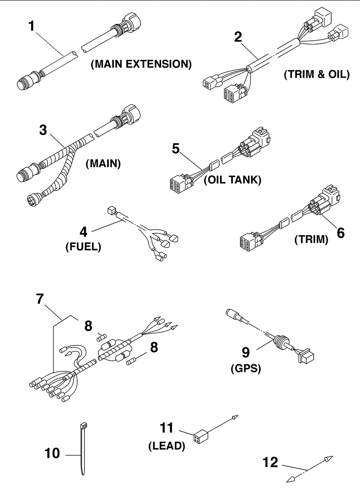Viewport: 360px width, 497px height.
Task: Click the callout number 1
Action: coord(32,26)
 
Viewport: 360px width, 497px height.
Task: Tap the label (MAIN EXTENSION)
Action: coord(141,64)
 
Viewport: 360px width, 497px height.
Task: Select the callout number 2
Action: coord(238,37)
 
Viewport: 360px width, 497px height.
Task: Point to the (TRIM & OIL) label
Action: coord(317,74)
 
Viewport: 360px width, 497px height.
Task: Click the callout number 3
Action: coord(43,130)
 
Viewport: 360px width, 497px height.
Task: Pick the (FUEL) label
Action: coord(83,247)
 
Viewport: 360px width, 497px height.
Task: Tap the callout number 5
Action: coord(176,149)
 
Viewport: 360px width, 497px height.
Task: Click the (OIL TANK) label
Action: coord(232,180)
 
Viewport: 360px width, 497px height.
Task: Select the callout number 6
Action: coord(341,233)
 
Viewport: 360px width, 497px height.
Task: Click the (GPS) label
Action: coord(246,369)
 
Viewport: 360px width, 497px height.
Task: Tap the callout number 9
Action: coord(246,352)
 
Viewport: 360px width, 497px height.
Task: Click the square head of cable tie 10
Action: coord(84,425)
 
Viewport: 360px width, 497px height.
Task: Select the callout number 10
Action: coord(52,453)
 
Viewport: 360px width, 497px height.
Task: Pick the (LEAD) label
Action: coord(167,446)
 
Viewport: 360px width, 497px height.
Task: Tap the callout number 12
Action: coord(270,462)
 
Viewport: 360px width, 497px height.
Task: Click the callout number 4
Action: coord(84,232)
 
